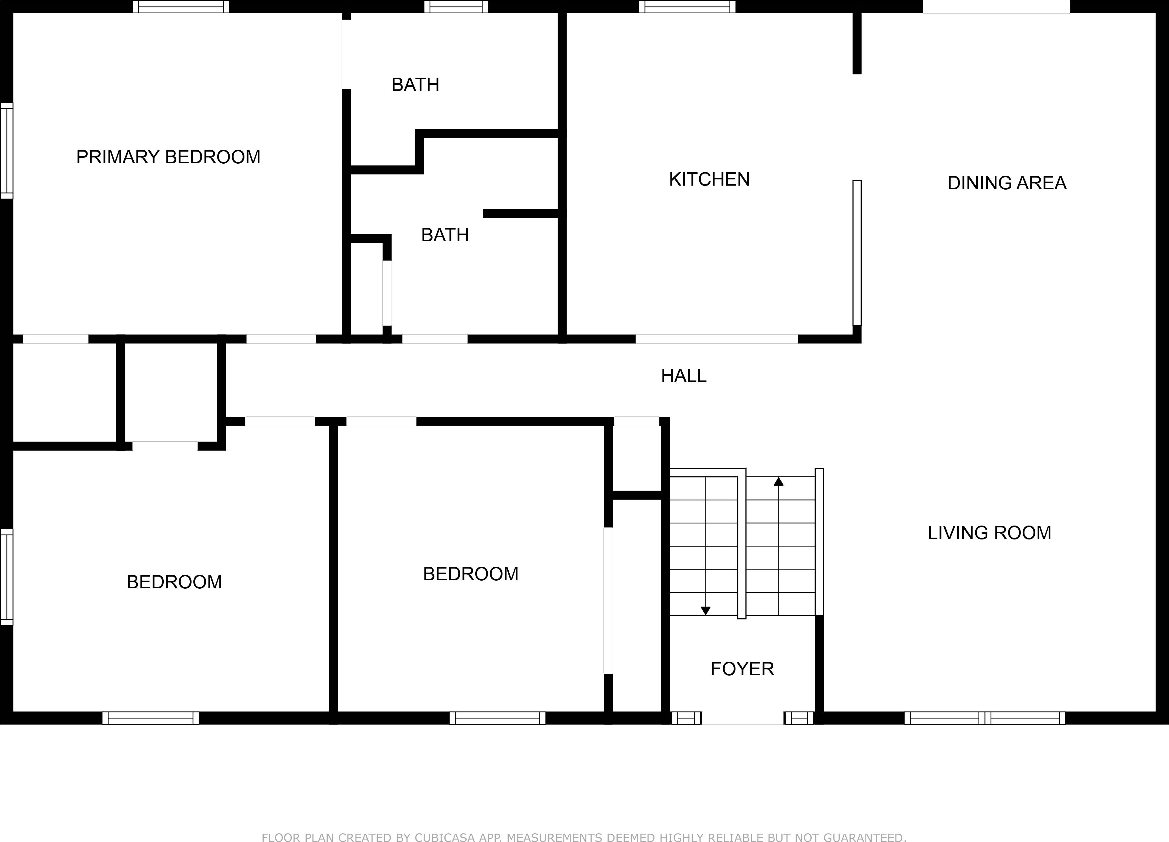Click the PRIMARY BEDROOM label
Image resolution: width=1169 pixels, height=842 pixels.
[168, 157]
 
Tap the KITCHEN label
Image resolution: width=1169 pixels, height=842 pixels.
[709, 179]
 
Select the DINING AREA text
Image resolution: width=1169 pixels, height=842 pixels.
[1007, 183]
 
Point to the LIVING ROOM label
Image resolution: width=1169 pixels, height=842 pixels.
[989, 532]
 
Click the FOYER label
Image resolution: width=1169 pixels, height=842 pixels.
[742, 669]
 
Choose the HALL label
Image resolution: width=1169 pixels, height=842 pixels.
[684, 376]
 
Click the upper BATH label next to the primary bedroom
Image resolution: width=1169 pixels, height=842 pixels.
[415, 84]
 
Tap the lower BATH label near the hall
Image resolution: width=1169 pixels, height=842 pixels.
[445, 235]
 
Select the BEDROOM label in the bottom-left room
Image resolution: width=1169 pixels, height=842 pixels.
[174, 582]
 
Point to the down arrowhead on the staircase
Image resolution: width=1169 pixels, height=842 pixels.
[705, 611]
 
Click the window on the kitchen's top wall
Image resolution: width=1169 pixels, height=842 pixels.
[687, 7]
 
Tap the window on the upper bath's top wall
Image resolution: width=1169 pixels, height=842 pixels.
[456, 7]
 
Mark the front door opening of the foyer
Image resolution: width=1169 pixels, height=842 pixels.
[743, 718]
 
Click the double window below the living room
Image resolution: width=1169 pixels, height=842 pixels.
[985, 718]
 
